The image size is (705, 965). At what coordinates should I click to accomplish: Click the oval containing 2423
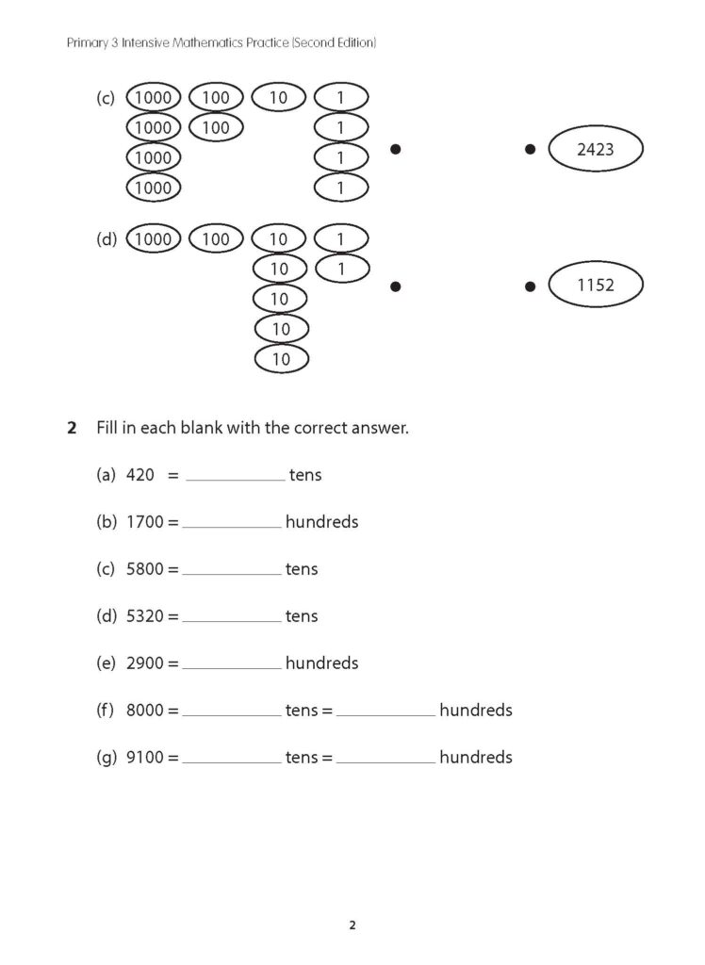[x=595, y=149]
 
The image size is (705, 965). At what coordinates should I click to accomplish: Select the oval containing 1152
[x=595, y=285]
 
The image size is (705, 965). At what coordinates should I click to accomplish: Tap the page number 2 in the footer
[x=352, y=924]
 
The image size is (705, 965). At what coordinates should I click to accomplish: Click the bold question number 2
[x=72, y=428]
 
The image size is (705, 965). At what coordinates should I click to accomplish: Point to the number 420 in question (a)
[x=139, y=475]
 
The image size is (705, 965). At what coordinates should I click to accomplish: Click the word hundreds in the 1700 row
[x=321, y=522]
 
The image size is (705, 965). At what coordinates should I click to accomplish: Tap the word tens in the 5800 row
[x=302, y=569]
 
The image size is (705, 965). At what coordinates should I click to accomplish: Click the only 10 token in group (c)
[x=278, y=97]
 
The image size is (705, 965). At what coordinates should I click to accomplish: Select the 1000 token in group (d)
[x=153, y=239]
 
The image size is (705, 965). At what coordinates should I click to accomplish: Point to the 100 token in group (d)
[x=216, y=239]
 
